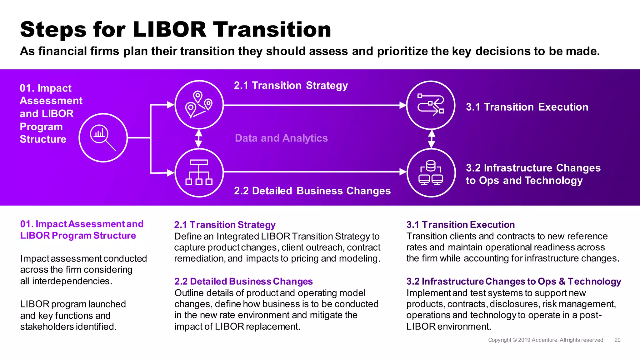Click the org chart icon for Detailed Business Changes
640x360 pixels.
point(199,172)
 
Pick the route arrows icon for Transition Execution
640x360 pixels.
point(431,105)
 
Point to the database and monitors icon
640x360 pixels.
point(431,173)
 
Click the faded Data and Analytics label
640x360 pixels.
point(281,138)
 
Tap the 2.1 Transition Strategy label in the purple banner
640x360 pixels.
point(291,86)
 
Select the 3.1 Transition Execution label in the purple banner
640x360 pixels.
point(527,107)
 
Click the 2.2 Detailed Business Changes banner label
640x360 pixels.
point(312,191)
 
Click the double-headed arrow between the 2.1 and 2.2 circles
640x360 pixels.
point(198,138)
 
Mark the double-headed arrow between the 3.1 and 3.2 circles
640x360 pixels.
point(432,139)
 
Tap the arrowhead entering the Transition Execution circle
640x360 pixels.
point(403,105)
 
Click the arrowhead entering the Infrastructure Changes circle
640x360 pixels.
point(403,172)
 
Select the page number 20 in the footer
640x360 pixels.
point(617,340)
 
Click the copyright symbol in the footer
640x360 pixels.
point(515,340)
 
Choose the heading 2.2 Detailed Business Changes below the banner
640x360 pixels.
point(243,282)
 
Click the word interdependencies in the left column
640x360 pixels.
point(72,281)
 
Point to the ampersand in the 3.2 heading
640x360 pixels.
point(562,282)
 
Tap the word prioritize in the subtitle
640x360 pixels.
point(402,51)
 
